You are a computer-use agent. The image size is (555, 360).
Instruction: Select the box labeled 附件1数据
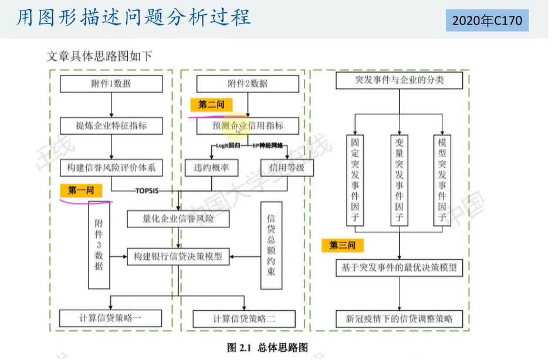click(x=111, y=83)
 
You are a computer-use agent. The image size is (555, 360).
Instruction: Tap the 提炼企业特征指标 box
click(x=111, y=125)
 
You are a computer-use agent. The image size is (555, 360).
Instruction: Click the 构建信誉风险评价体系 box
click(x=111, y=168)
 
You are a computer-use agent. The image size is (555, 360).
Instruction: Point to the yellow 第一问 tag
click(x=81, y=190)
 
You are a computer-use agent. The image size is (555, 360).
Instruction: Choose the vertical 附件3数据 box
click(x=99, y=245)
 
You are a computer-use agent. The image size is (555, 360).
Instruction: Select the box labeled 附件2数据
click(x=248, y=83)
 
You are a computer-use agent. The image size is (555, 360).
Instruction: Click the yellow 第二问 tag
click(x=211, y=104)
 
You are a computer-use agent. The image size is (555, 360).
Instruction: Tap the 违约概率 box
click(x=211, y=168)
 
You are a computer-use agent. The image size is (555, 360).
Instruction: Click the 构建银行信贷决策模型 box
click(x=178, y=256)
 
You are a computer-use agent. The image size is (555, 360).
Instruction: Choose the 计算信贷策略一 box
click(x=111, y=318)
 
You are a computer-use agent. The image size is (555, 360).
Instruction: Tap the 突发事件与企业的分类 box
click(x=399, y=80)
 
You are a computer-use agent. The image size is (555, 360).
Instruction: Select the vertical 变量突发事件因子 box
click(x=399, y=179)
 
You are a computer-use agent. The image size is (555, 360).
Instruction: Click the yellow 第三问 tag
click(x=339, y=244)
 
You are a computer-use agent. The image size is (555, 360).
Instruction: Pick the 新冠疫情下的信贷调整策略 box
click(x=399, y=319)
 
